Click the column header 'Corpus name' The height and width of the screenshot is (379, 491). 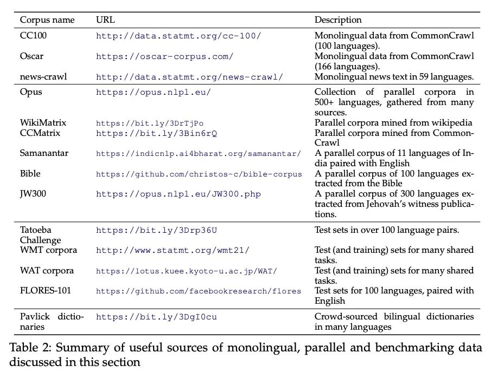coord(47,20)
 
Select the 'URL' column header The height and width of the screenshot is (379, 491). coord(105,20)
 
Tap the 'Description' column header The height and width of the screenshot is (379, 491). coord(338,20)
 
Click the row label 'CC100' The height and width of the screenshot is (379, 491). coord(33,36)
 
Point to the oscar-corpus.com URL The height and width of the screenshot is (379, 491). coord(164,56)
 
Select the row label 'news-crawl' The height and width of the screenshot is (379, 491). coord(43,77)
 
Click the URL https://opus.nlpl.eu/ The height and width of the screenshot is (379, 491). coord(153,92)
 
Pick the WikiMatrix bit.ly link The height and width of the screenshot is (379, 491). coord(150,123)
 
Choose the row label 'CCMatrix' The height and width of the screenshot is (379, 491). coord(40,133)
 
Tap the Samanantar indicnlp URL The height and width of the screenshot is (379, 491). coord(198,153)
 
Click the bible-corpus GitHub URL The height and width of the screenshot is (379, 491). coord(199,174)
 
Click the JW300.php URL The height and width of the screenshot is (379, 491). coord(178,194)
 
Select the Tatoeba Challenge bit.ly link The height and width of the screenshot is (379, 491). coord(156,230)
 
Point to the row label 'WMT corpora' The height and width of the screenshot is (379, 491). coord(48,250)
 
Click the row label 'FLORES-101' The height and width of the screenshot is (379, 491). coord(46,291)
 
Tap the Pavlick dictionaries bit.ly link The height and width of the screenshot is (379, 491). coord(156,317)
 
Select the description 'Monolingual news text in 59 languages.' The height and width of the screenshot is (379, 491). coord(394,77)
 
